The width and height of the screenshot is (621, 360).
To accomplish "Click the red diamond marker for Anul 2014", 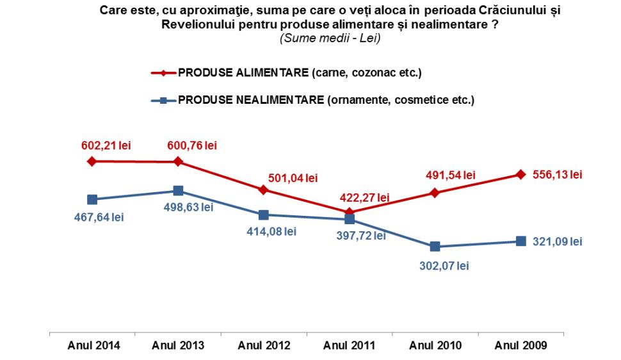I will pos(92,161).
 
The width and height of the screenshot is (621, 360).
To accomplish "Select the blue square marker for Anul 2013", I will pos(178,191).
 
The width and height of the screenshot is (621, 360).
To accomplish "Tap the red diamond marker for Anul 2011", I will pos(350,211).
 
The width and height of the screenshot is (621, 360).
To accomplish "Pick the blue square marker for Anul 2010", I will pos(435,246).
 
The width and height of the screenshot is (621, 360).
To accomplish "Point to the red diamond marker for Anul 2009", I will pos(520,174).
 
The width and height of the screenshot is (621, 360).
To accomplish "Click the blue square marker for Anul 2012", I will pos(264,215).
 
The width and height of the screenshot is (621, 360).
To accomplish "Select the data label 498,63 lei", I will pos(190,207).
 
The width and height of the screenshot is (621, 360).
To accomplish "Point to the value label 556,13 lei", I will pos(558,175).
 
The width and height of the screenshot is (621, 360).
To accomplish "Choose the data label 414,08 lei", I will pos(271,231).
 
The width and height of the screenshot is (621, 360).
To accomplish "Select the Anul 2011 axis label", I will pos(350,346).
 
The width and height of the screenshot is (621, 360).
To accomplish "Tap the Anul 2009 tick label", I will pos(520,346).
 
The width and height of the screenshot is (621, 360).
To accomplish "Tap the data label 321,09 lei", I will pos(558,241).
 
